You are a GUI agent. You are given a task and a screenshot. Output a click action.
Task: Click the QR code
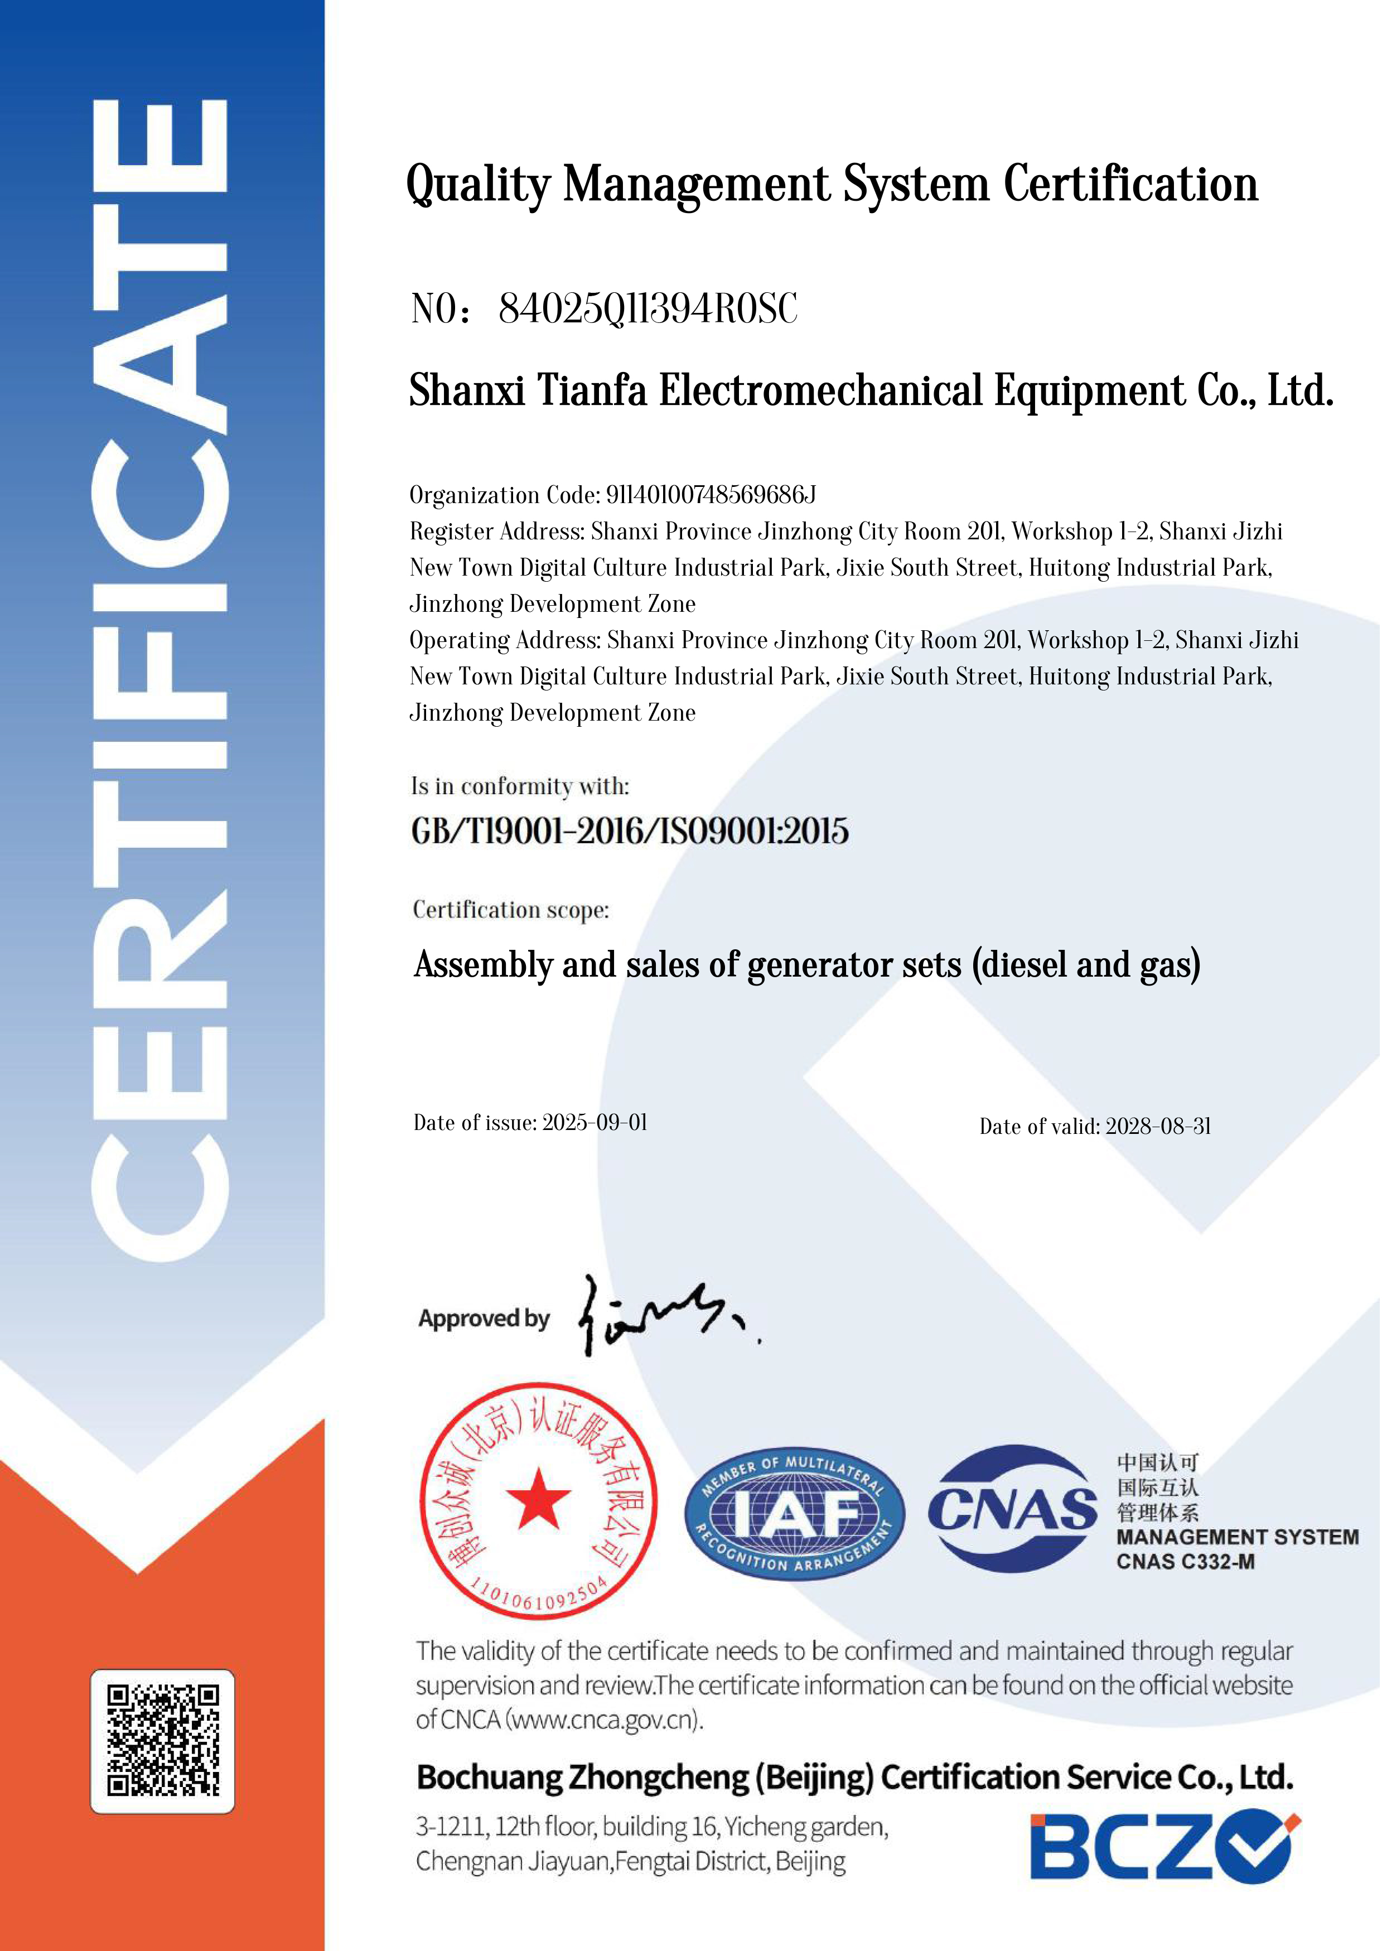pyautogui.click(x=162, y=1740)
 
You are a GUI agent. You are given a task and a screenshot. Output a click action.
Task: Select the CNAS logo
pyautogui.click(x=1013, y=1510)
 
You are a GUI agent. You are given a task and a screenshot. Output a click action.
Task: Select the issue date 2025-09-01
pyautogui.click(x=595, y=1123)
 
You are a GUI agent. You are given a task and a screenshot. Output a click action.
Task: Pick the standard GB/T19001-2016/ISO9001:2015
pyautogui.click(x=630, y=831)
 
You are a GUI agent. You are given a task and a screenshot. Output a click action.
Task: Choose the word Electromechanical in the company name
pyautogui.click(x=821, y=392)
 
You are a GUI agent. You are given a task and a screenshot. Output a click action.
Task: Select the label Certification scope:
pyautogui.click(x=511, y=910)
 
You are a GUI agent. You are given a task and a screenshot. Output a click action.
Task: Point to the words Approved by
pyautogui.click(x=484, y=1319)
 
